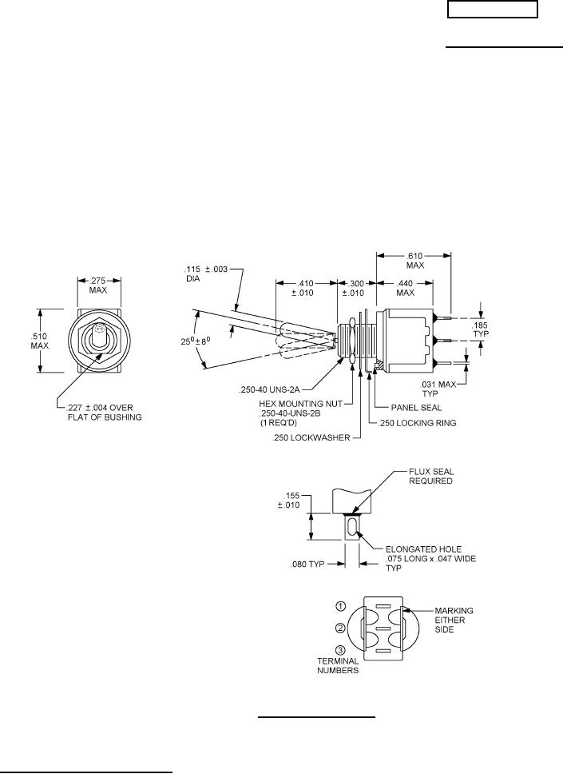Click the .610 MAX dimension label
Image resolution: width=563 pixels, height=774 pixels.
point(414,261)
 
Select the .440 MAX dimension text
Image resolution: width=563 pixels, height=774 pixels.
point(405,288)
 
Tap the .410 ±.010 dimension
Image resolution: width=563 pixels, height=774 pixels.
point(306,288)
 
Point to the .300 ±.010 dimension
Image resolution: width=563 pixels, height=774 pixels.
point(353,288)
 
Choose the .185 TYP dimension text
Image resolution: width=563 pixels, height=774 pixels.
point(480,329)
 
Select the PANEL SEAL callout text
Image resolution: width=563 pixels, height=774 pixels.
point(416,408)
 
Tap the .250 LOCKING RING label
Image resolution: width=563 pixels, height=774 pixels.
point(417,423)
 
